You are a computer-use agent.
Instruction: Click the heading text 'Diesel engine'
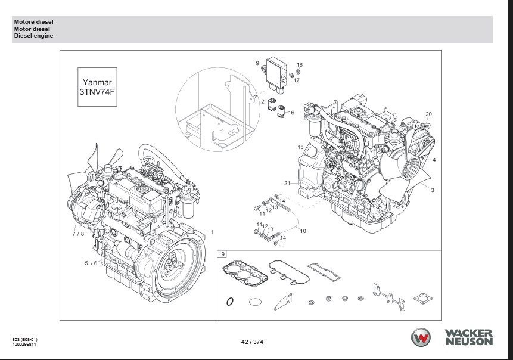(33, 36)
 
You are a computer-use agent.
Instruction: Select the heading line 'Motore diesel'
(33, 21)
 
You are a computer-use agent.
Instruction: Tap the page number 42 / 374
(252, 342)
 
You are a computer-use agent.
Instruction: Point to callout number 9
(257, 63)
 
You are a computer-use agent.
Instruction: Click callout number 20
(428, 114)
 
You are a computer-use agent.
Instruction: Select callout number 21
(287, 183)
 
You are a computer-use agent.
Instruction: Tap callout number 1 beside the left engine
(212, 231)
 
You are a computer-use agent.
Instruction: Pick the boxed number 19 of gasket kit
(222, 255)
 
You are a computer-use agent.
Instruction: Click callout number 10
(303, 231)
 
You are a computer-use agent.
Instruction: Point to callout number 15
(301, 147)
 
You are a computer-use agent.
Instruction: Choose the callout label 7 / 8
(78, 234)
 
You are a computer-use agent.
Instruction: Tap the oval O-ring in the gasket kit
(230, 302)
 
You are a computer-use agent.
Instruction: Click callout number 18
(300, 64)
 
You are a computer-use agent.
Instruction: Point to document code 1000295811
(24, 345)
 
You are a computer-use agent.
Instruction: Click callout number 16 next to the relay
(291, 112)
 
